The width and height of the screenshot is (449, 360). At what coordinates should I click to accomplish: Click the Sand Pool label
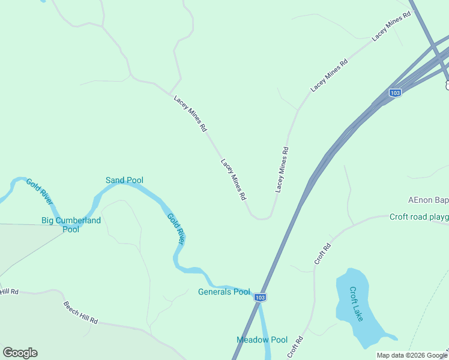coord(124,180)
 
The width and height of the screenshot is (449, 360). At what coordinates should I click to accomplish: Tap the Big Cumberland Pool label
coord(71,224)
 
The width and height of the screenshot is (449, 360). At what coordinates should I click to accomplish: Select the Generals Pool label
coord(224,292)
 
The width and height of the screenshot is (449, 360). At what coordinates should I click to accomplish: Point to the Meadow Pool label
coord(262,340)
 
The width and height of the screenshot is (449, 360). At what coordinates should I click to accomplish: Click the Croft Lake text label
coord(357,304)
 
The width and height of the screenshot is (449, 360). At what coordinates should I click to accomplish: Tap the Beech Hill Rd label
coord(80,313)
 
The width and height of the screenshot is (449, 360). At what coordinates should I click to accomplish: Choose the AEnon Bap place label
coord(428,200)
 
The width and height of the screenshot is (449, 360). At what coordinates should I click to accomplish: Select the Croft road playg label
coord(418,217)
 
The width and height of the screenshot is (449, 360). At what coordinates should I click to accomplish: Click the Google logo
coord(20,353)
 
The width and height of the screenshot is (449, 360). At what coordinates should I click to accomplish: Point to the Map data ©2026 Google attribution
coord(412,355)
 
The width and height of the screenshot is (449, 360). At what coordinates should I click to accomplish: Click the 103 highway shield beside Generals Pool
coord(259,297)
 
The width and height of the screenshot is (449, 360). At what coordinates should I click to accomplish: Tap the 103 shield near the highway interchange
coord(394,92)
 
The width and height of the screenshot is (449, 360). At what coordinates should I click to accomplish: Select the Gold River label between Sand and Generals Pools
coord(175,228)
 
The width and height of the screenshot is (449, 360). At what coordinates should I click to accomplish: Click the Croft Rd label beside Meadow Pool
coord(295,347)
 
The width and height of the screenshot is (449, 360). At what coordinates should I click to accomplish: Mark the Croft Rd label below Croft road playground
coord(322,254)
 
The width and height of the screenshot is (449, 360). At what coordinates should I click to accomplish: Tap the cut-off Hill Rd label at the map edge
coord(9,292)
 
